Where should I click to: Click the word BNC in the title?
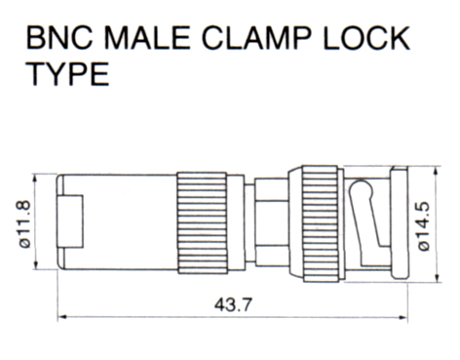[59, 38]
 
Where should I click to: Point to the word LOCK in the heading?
[366, 38]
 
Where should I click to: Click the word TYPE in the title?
[67, 74]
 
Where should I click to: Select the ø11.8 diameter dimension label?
[24, 224]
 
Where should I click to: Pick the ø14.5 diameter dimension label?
[424, 226]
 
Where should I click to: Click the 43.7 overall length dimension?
[233, 305]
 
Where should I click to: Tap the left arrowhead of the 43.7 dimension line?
[61, 317]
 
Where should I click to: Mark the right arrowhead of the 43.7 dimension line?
[403, 317]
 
